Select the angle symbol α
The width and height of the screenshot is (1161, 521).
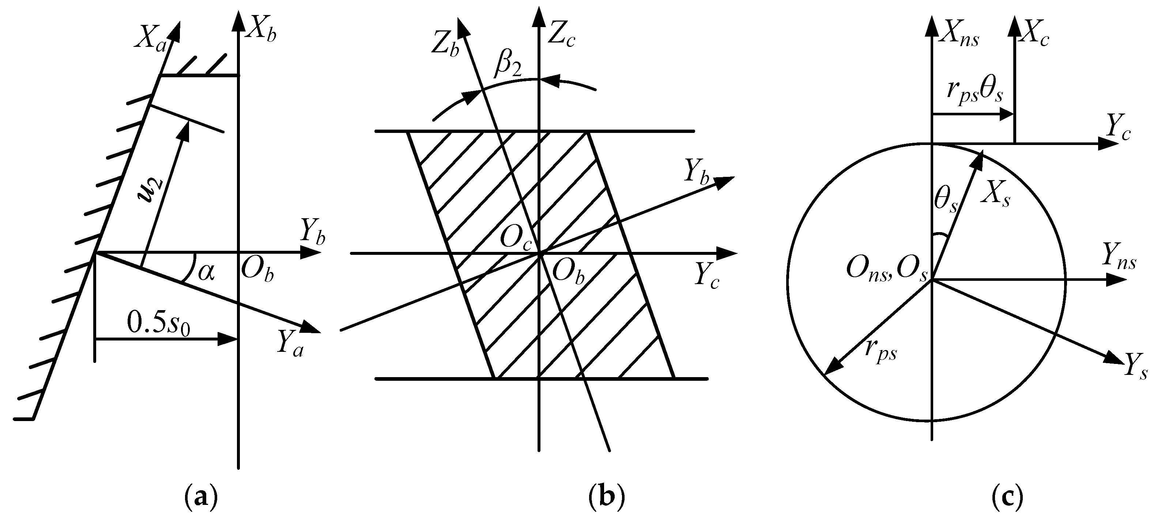(206, 272)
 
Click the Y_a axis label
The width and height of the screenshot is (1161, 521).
(290, 344)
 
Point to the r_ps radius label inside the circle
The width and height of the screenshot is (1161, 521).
(881, 351)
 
